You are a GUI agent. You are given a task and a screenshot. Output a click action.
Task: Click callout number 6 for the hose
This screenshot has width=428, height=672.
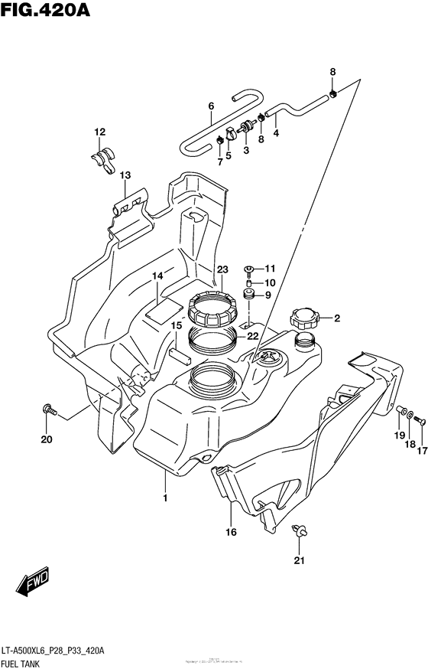point(210,106)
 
